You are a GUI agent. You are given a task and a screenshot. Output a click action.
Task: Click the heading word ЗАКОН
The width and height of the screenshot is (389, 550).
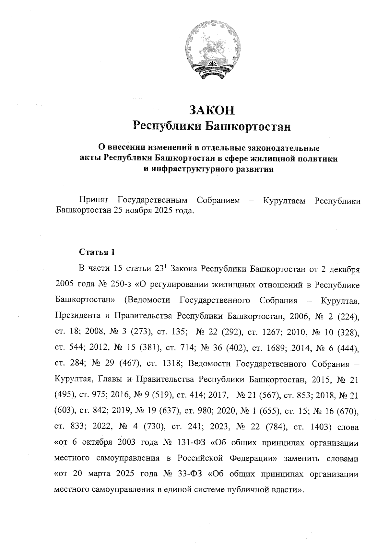[x=211, y=111]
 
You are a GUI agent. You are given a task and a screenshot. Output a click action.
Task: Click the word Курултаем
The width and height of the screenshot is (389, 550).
[x=284, y=201]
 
